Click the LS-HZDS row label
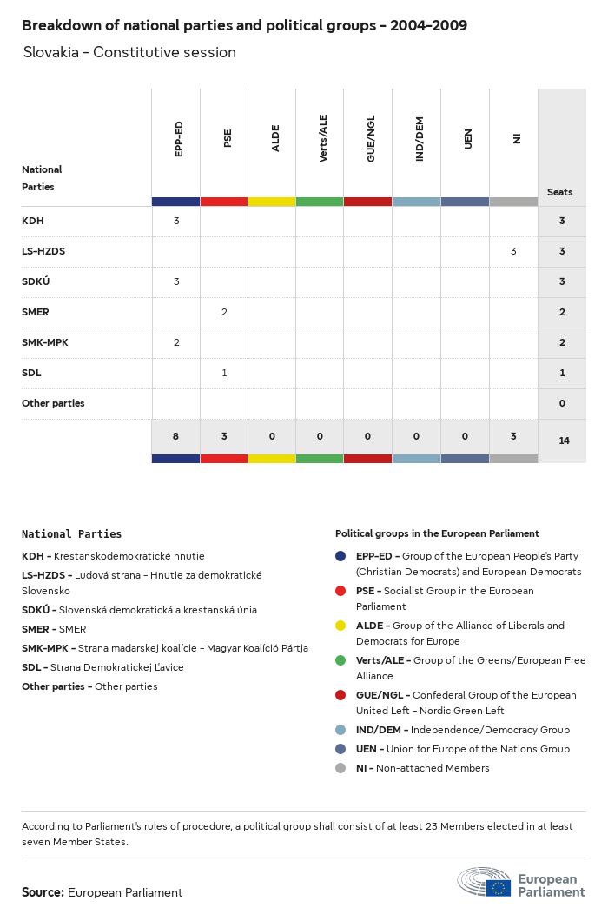pyautogui.click(x=43, y=251)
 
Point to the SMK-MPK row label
pyautogui.click(x=45, y=342)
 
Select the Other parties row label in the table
pyautogui.click(x=53, y=403)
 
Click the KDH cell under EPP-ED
pyautogui.click(x=176, y=221)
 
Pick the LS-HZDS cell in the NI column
pyautogui.click(x=513, y=251)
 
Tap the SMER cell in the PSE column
pyautogui.click(x=224, y=312)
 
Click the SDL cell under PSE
pyautogui.click(x=224, y=373)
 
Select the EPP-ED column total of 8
pyautogui.click(x=175, y=436)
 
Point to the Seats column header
pyautogui.click(x=560, y=192)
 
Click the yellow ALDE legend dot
pyautogui.click(x=340, y=626)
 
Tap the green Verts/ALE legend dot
pyautogui.click(x=340, y=660)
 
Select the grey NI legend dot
pyautogui.click(x=340, y=768)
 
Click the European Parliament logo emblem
pyautogui.click(x=485, y=881)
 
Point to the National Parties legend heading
pyautogui.click(x=71, y=534)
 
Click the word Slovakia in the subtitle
pyautogui.click(x=54, y=52)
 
